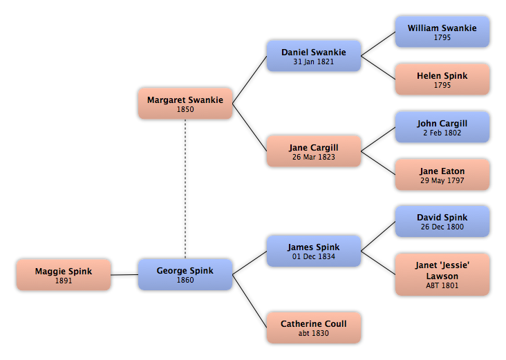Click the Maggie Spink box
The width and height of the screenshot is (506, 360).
point(64,274)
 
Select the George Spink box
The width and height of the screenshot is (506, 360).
point(185,274)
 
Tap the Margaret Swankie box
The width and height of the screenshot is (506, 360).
point(185,104)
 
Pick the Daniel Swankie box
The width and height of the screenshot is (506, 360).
point(314,56)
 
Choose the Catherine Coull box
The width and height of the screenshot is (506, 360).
point(314,328)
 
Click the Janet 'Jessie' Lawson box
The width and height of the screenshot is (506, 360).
point(442,274)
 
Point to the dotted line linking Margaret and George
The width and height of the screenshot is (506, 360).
point(185,189)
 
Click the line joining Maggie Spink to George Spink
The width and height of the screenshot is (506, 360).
point(124,275)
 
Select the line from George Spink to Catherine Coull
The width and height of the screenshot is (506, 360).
point(250,301)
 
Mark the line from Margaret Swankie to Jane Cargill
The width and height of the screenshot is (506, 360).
point(250,127)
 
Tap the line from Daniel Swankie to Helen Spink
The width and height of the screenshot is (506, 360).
point(378,68)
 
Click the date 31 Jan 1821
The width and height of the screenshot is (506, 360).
point(314,61)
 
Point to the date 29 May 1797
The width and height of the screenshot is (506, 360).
point(442,180)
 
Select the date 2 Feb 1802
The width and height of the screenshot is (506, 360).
point(442,133)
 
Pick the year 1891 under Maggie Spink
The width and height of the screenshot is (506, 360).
point(64,281)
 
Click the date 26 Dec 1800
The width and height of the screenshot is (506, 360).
point(442,227)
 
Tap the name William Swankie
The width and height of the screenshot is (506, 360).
point(442,28)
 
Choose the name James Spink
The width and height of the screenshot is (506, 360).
point(314,247)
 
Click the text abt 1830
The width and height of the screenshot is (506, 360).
point(314,333)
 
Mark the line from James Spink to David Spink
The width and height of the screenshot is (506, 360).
point(378,236)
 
